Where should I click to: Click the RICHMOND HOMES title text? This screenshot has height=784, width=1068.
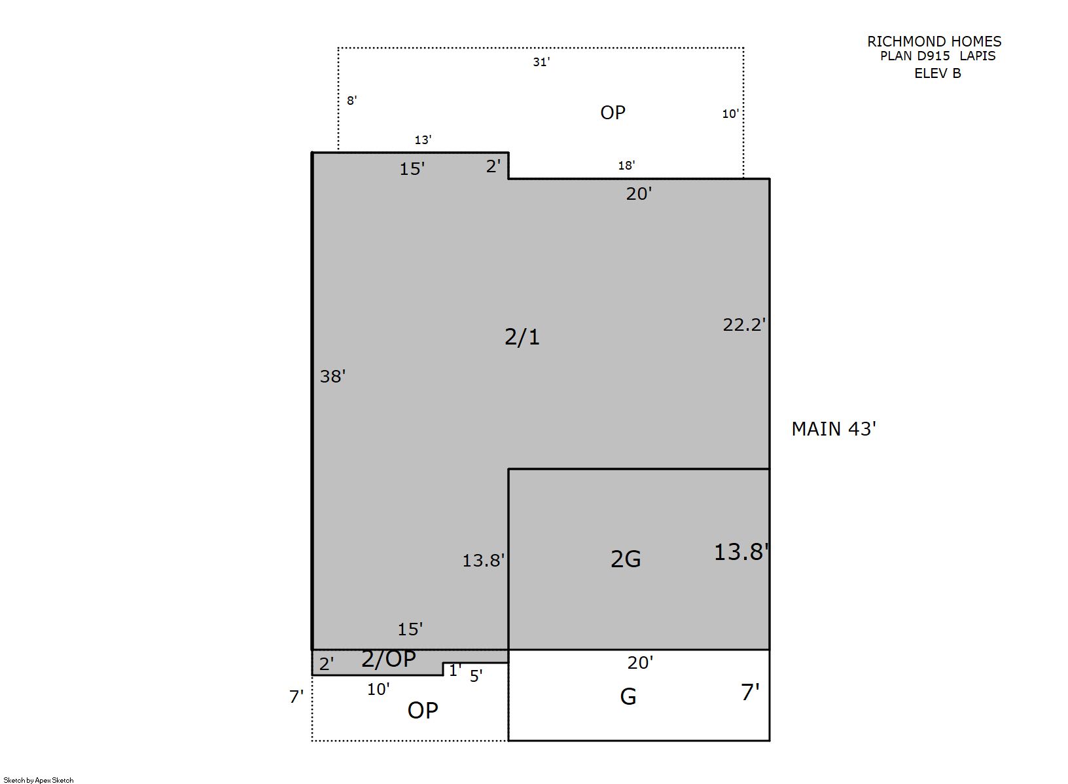pos(934,41)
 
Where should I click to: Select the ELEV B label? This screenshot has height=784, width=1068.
pos(937,73)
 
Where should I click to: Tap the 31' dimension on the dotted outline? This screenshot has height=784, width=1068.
pos(541,62)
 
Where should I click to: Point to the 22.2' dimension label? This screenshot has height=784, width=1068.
pos(744,324)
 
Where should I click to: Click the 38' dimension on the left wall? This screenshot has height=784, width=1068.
pos(332,377)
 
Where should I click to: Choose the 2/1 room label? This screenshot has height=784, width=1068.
pos(522,337)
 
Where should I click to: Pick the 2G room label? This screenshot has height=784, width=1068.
pos(626,559)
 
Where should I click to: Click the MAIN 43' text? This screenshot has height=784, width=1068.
pos(834,428)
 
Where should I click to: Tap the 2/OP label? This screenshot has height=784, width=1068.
pos(389,659)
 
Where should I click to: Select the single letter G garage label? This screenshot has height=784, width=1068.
pos(628,697)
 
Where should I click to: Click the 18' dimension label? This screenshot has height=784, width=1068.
pos(626,166)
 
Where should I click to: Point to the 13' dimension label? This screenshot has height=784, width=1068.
pos(423,140)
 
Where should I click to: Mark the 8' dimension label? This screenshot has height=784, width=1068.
pos(352,101)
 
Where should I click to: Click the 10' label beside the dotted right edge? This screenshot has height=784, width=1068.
pos(730,113)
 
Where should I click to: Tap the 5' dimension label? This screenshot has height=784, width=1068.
pos(476,676)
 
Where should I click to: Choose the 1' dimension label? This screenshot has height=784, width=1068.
pos(455,671)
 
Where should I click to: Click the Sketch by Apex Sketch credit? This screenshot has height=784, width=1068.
pos(39,780)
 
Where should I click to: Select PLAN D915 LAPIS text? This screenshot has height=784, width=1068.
pos(937,56)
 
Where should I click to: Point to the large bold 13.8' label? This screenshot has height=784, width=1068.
pos(741,552)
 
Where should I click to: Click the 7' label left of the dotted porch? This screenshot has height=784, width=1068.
pos(296,697)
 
